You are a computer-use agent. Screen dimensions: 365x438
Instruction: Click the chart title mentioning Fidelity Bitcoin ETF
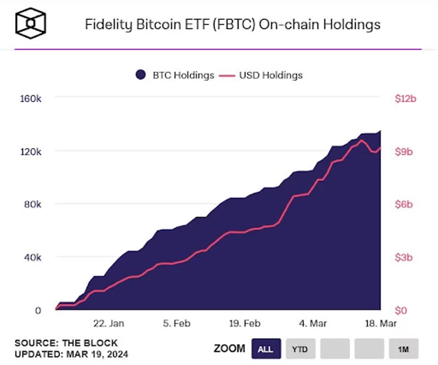pos(232,25)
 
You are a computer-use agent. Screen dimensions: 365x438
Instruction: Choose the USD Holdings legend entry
pos(261,75)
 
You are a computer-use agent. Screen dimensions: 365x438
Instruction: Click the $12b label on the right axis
pos(406,99)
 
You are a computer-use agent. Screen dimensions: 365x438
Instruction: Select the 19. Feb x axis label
pos(244,323)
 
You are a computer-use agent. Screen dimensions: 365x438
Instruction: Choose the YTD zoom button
pos(300,349)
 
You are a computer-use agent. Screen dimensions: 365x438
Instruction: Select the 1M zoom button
pos(404,349)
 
